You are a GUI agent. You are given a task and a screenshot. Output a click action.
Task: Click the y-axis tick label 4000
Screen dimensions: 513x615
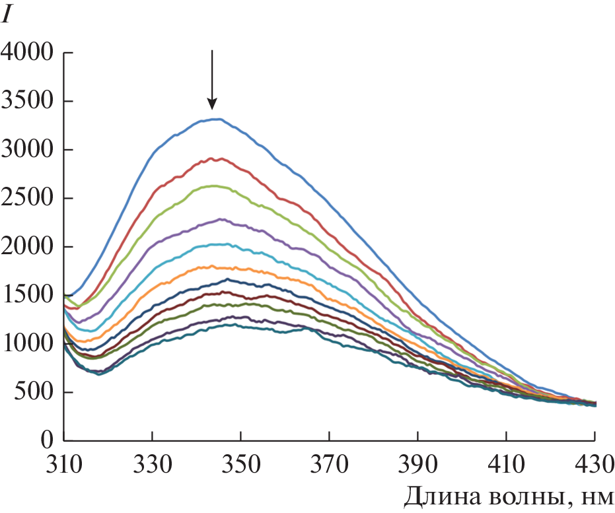point(27,53)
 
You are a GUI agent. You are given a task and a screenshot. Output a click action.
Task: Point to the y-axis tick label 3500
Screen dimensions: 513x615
point(27,102)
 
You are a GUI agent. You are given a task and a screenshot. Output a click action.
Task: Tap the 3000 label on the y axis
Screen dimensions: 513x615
point(27,150)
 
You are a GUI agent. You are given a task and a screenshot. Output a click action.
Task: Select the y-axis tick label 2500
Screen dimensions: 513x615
point(27,198)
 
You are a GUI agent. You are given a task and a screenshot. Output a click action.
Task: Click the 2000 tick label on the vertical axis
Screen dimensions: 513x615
point(27,247)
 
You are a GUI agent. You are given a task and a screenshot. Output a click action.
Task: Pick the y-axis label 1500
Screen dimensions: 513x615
point(27,295)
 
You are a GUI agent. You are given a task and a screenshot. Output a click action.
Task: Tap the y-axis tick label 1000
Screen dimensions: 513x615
point(27,343)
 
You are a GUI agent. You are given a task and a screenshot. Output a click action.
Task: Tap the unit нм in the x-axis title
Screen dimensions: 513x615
point(597,496)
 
